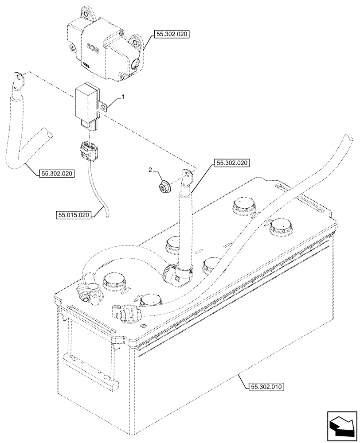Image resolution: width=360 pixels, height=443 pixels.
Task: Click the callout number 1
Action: click(124, 96)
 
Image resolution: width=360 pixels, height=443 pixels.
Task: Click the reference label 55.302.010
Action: click(263, 386)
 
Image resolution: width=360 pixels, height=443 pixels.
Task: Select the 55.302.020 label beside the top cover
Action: click(172, 33)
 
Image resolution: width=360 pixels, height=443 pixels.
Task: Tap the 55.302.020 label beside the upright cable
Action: click(232, 163)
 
